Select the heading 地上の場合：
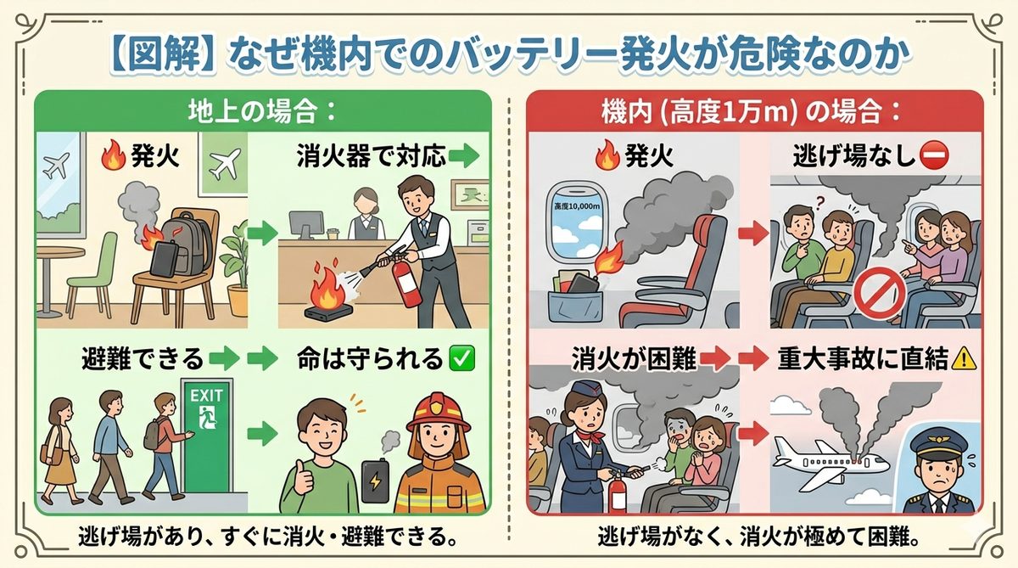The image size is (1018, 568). pyautogui.click(x=263, y=110)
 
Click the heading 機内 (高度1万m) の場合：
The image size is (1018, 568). pyautogui.click(x=753, y=110)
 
